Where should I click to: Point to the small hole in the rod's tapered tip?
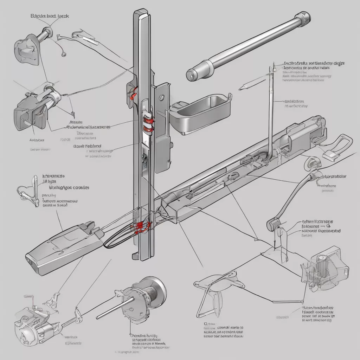coord(190,76)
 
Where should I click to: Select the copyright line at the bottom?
coord(128,351)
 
